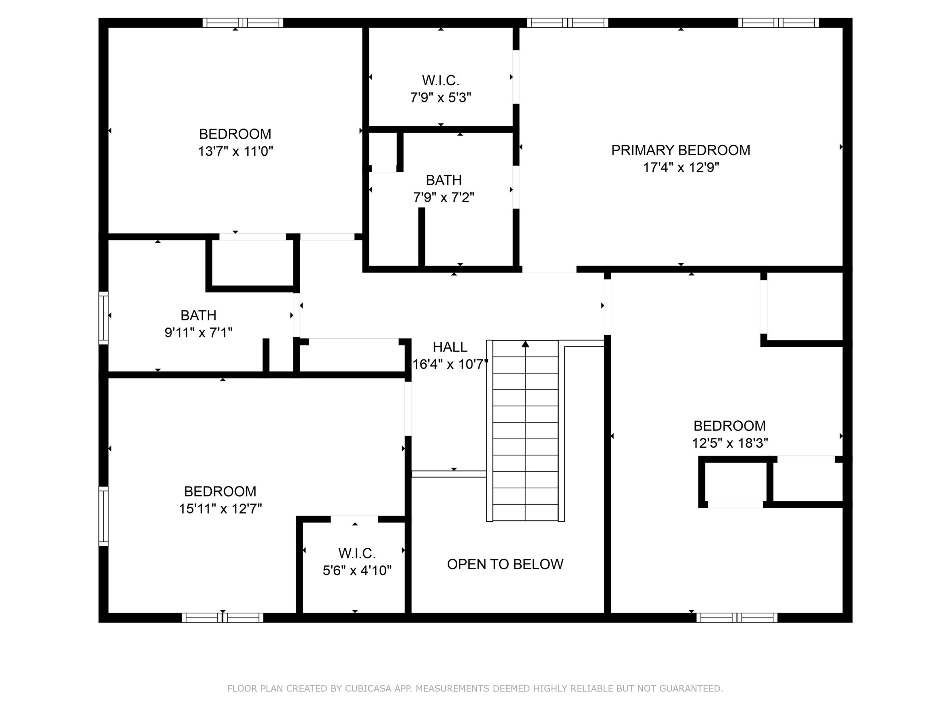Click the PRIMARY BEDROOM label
click(x=681, y=150)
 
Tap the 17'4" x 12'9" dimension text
click(x=681, y=167)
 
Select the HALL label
click(x=450, y=347)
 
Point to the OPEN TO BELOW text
click(x=505, y=564)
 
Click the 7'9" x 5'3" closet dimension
click(x=441, y=98)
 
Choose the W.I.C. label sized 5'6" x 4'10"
click(x=357, y=553)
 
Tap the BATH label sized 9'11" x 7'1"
click(x=198, y=315)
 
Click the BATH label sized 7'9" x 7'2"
click(x=444, y=180)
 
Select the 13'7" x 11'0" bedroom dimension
click(x=235, y=151)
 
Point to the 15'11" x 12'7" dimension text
click(x=220, y=509)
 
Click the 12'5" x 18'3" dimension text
click(x=730, y=443)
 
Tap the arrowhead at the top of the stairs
click(x=525, y=344)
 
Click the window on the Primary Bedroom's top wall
click(x=778, y=23)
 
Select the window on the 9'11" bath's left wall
click(x=103, y=318)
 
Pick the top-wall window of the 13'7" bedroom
click(x=243, y=23)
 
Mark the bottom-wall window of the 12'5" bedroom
click(x=737, y=618)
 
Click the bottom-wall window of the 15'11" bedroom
click(x=222, y=618)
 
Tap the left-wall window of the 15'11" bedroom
click(x=103, y=516)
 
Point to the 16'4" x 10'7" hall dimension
click(x=450, y=364)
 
